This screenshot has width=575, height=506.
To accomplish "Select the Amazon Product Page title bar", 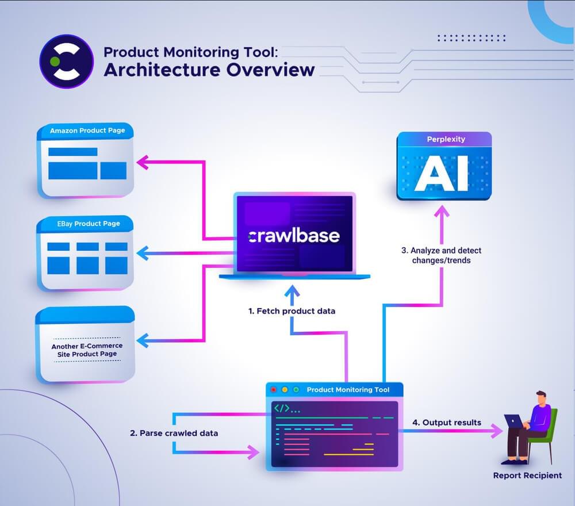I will coord(87,131).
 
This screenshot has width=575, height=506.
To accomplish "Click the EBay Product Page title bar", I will coord(87,223).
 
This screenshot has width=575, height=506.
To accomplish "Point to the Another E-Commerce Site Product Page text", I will coord(87,350).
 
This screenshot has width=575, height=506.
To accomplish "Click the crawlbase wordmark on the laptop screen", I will coord(294,236).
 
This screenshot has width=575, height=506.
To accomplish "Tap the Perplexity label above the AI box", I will coord(446,139).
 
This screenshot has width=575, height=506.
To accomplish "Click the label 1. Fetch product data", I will coord(292,310).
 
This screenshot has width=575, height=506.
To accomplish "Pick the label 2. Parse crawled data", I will coord(173,433).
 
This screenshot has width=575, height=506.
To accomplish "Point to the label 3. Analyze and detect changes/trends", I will coord(441,255).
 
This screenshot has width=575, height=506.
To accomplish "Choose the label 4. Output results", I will coord(446,423).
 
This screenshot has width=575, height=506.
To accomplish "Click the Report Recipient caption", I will coord(527,476).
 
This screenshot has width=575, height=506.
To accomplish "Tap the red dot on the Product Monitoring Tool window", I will coord(274,390).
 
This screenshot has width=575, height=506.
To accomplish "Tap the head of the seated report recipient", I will coord(540,397).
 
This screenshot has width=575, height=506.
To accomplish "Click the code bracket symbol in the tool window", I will coord(282,409).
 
